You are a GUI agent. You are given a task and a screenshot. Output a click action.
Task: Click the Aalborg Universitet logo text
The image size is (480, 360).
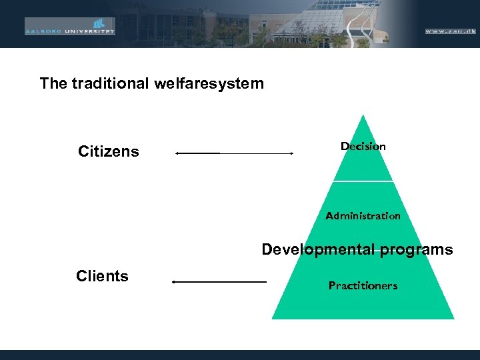coord(69,30)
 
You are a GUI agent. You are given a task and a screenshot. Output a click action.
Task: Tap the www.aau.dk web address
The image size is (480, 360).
coord(450,31)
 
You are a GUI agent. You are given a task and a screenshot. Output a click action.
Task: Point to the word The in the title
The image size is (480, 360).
coord(53,83)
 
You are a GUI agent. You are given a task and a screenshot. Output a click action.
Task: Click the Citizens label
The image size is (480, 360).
coord(109,151)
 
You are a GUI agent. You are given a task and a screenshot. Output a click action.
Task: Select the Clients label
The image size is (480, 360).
coord(102,276)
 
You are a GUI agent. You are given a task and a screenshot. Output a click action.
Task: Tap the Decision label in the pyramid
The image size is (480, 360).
coord(363,146)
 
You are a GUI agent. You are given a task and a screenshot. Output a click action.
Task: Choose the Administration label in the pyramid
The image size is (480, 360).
coord(363,216)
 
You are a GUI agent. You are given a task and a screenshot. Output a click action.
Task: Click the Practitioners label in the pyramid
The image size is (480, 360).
coord(363,285)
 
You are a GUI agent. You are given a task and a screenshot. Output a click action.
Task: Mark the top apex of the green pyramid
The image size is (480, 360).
coord(363,115)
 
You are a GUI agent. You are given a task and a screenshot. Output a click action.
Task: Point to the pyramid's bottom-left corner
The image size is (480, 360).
coord(273,318)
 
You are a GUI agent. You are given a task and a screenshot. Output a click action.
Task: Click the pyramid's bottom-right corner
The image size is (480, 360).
coord(453,318)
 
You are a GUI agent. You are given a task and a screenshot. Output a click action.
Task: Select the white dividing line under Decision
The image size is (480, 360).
coord(363,181)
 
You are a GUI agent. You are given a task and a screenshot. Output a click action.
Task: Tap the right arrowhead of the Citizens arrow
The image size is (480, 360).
coord(291,153)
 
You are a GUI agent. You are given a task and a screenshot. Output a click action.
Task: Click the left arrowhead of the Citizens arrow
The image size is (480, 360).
coord(177,153)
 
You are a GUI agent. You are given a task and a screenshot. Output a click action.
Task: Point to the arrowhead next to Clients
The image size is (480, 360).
coord(174,282)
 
